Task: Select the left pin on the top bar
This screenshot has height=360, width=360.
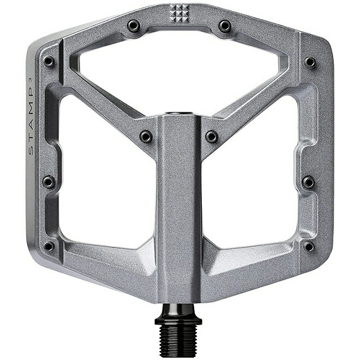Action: pyautogui.click(x=133, y=26)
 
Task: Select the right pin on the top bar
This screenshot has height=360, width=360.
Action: pyautogui.click(x=225, y=26)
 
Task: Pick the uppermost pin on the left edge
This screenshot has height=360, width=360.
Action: pyautogui.click(x=49, y=61)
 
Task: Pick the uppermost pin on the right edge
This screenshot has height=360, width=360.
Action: pyautogui.click(x=310, y=62)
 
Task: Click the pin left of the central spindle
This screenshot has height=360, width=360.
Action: pyautogui.click(x=146, y=136)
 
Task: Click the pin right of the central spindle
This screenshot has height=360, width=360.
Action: pyautogui.click(x=212, y=136)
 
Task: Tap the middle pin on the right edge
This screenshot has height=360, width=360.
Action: pyautogui.click(x=309, y=182)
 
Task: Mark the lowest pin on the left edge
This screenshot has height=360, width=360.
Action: pyautogui.click(x=49, y=246)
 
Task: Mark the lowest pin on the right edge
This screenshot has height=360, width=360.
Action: pyautogui.click(x=309, y=246)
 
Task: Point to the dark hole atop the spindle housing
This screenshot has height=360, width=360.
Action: pyautogui.click(x=179, y=113)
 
